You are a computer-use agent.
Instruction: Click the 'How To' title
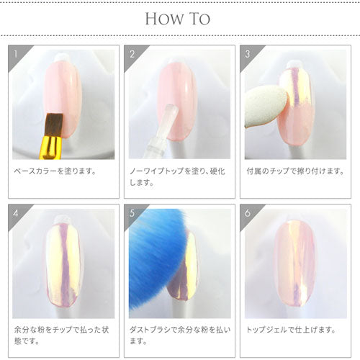point(180,17)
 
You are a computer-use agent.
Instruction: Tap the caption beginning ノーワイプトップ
point(177,177)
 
